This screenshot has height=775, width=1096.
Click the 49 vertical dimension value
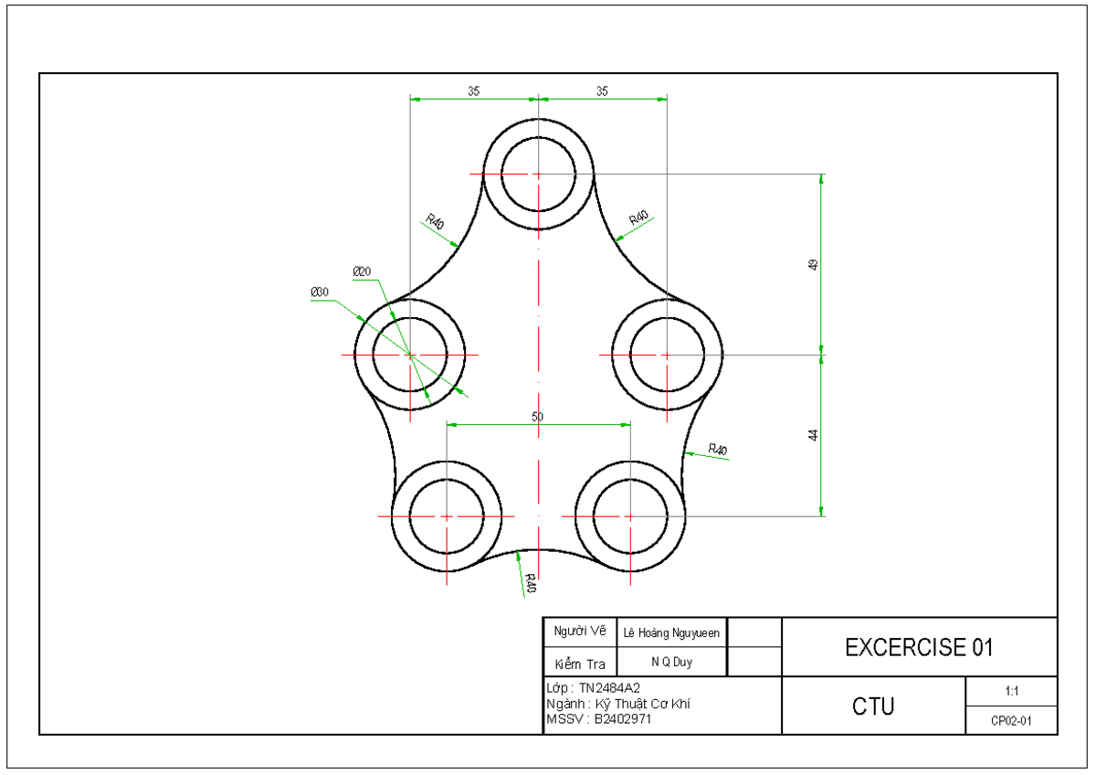813,265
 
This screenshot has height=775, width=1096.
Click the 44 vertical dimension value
813,435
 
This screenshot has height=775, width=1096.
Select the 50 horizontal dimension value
537,417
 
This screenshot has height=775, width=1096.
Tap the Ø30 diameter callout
320,292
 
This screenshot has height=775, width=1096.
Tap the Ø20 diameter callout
362,271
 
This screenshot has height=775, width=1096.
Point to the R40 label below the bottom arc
530,582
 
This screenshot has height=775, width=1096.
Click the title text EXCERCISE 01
919,648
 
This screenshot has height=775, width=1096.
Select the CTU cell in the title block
873,706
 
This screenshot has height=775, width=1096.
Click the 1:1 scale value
1011,691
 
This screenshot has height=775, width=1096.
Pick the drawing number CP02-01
1011,720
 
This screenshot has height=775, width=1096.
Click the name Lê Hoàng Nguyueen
671,632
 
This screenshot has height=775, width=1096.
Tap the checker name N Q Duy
671,661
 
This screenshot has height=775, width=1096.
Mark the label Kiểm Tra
580,663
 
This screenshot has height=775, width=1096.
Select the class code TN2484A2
616,687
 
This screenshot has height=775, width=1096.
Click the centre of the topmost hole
539,174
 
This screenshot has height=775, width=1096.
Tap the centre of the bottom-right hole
630,516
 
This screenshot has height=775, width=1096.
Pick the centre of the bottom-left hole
447,516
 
